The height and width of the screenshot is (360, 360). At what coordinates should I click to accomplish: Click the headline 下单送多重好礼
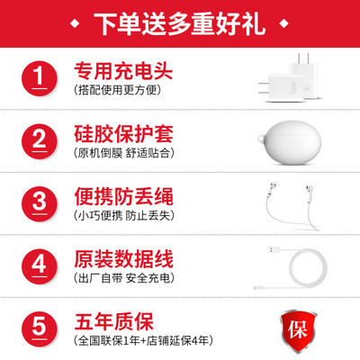pyautogui.click(x=180, y=22)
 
